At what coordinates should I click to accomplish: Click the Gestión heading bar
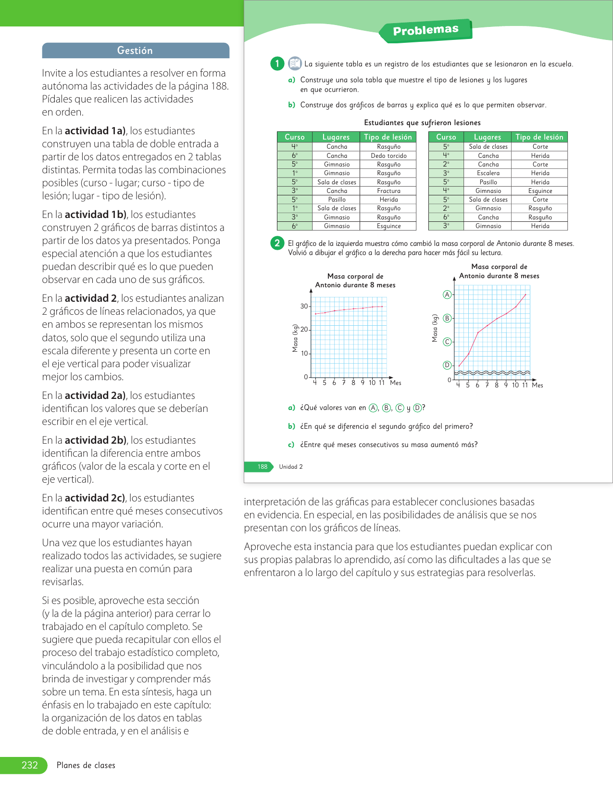click(135, 51)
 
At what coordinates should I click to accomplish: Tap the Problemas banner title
click(425, 30)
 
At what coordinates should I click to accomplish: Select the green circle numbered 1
click(277, 64)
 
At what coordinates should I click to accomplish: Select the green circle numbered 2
click(277, 243)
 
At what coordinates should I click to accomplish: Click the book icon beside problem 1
click(295, 63)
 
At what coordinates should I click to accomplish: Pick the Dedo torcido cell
click(388, 155)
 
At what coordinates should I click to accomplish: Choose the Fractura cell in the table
click(388, 191)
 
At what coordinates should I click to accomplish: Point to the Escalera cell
click(488, 173)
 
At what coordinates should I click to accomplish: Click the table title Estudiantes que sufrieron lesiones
click(422, 123)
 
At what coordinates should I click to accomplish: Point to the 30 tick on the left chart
click(304, 306)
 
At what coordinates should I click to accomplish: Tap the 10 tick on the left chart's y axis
click(304, 353)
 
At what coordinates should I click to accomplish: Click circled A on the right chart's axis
click(447, 295)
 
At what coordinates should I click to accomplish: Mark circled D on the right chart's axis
click(447, 365)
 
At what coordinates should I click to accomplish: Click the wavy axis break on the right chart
click(492, 372)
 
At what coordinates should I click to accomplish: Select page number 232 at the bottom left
click(30, 765)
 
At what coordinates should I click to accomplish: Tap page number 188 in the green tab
click(262, 467)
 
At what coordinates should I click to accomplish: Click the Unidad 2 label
click(291, 467)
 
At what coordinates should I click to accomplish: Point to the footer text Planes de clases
click(86, 765)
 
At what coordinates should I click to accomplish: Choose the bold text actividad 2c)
click(95, 498)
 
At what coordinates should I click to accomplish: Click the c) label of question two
click(291, 445)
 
